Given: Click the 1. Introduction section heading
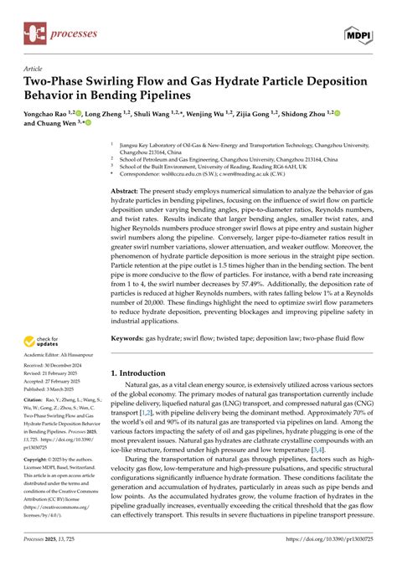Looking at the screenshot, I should click(x=146, y=373).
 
